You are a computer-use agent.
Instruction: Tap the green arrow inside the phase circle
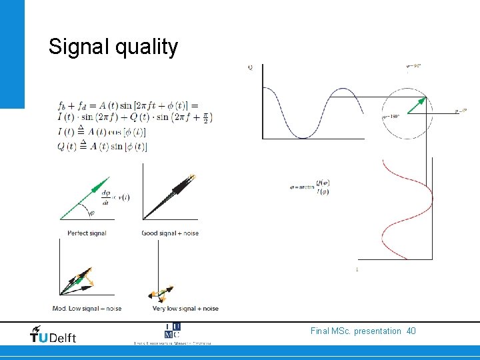pyautogui.click(x=415, y=105)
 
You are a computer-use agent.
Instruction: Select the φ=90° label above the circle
pyautogui.click(x=413, y=65)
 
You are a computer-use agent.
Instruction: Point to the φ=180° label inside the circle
pyautogui.click(x=391, y=116)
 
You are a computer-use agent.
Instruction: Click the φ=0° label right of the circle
pyautogui.click(x=460, y=111)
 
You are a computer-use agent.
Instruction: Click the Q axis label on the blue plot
pyautogui.click(x=250, y=67)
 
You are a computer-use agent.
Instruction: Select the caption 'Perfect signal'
pyautogui.click(x=87, y=233)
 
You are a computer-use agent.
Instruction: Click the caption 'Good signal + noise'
pyautogui.click(x=170, y=233)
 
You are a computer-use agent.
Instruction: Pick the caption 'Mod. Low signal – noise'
pyautogui.click(x=87, y=309)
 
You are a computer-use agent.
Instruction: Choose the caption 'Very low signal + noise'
pyautogui.click(x=185, y=309)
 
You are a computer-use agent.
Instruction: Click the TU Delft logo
pyautogui.click(x=53, y=334)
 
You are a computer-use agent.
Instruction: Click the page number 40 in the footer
pyautogui.click(x=411, y=331)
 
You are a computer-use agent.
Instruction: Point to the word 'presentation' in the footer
pyautogui.click(x=377, y=331)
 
